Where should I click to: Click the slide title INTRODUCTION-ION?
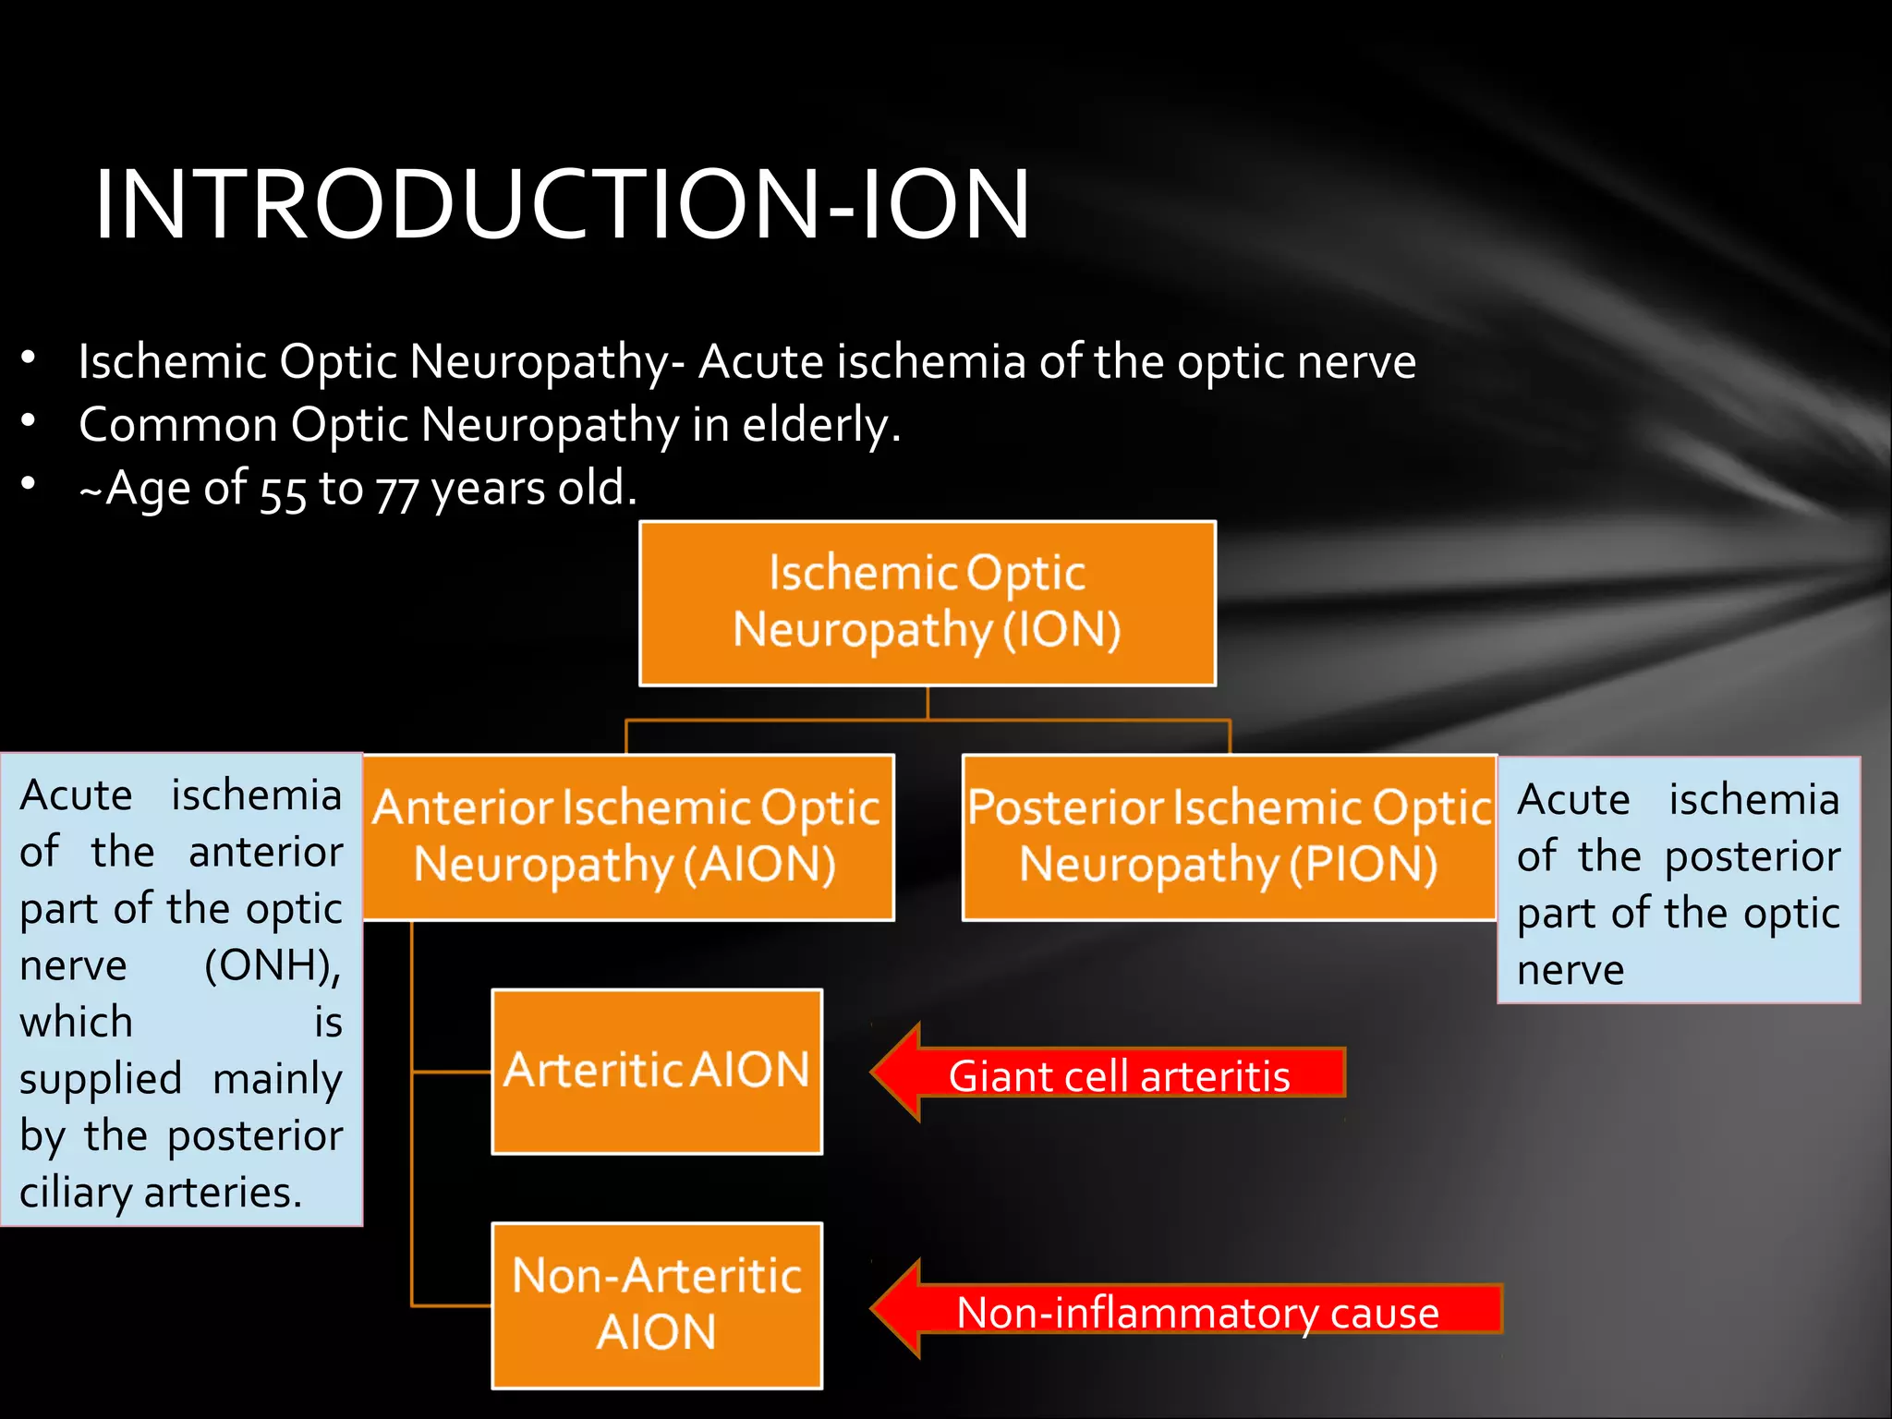[x=562, y=204]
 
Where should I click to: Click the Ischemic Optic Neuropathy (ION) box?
[x=927, y=603]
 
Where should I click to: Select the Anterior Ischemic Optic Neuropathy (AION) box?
[x=627, y=837]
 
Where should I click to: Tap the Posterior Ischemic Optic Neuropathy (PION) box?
[x=1229, y=837]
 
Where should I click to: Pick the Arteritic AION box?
[x=656, y=1072]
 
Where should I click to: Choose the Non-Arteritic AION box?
[x=656, y=1304]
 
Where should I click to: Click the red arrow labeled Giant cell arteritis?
[x=1109, y=1074]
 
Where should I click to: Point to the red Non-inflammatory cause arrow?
[x=1192, y=1310]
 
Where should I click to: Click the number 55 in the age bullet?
[x=283, y=492]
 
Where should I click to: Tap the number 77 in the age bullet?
[x=397, y=492]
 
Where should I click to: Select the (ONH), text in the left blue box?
[x=273, y=965]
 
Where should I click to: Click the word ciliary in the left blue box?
[x=78, y=1194]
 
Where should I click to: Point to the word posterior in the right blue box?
[x=1752, y=857]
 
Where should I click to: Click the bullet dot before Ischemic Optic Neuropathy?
[x=29, y=358]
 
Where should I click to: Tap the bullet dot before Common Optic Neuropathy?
[x=29, y=421]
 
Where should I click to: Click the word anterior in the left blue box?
[x=266, y=852]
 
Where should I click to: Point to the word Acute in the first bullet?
[x=760, y=361]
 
